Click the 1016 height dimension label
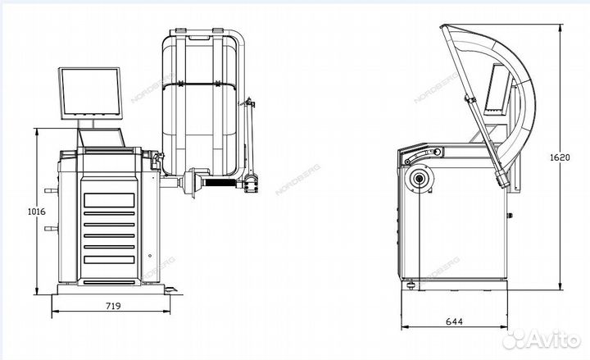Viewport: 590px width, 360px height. (x=37, y=212)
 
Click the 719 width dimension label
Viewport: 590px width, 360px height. (x=113, y=306)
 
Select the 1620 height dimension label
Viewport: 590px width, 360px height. (x=560, y=157)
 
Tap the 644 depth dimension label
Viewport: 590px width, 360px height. (x=454, y=321)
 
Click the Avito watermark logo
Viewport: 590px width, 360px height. (x=542, y=339)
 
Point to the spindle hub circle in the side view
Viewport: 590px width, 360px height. (x=419, y=179)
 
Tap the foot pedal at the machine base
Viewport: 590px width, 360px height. (x=171, y=289)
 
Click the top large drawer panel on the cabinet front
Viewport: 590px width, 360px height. (x=109, y=200)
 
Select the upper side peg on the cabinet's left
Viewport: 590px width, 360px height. (x=51, y=190)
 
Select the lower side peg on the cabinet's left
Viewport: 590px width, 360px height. (x=51, y=228)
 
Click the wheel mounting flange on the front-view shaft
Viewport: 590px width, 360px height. (x=191, y=181)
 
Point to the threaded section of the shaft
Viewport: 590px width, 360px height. (x=221, y=183)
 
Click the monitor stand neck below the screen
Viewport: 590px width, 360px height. (x=86, y=124)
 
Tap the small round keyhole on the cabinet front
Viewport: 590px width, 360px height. (x=150, y=256)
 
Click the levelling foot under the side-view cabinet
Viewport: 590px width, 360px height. (x=411, y=285)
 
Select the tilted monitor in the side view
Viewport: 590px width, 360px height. (x=496, y=90)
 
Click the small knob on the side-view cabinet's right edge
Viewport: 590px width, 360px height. (x=510, y=216)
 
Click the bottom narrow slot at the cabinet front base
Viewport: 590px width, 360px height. (x=109, y=282)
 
